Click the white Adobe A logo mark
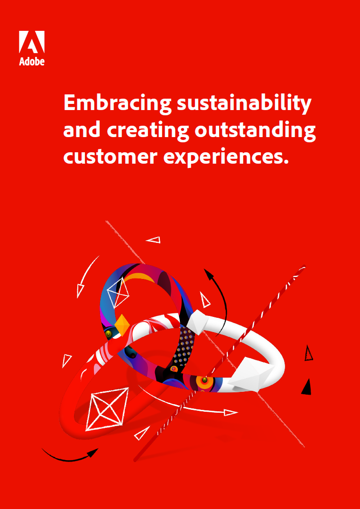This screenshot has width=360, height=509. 32,42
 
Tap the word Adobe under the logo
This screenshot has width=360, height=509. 32,61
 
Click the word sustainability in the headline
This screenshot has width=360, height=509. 244,103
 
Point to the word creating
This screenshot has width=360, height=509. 148,131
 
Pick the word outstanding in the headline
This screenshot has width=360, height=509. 255,131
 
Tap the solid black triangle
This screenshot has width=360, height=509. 307,388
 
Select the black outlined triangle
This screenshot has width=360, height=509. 308,353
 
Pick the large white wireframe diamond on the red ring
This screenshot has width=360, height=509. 107,409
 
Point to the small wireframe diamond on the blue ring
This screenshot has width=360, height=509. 118,293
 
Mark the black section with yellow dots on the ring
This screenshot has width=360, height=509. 184,347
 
